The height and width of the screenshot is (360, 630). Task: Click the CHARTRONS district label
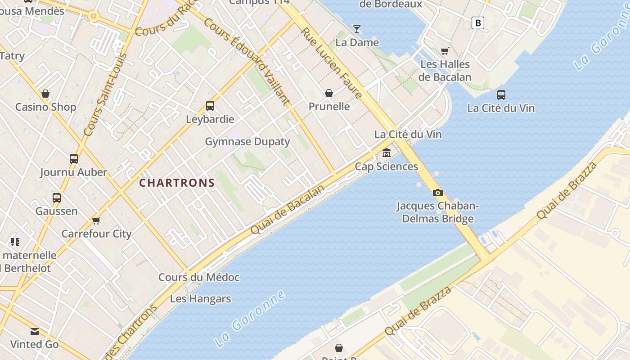click(x=177, y=183)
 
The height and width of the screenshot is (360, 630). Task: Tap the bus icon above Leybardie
click(x=210, y=106)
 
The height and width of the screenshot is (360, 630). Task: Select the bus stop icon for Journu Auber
click(x=74, y=159)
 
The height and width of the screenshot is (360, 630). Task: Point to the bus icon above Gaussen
click(x=57, y=198)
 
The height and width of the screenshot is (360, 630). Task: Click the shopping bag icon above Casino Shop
click(x=45, y=94)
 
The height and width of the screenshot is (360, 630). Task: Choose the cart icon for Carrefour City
click(x=96, y=220)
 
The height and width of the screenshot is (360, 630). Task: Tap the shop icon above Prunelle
click(x=329, y=93)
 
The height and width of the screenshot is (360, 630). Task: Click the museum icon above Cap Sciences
click(x=386, y=153)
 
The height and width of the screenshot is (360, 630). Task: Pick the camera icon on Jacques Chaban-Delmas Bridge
click(x=437, y=193)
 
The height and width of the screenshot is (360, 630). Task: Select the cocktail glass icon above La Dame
click(x=357, y=29)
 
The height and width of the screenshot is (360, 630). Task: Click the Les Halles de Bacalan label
click(x=445, y=71)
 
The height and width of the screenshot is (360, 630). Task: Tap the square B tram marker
click(x=478, y=22)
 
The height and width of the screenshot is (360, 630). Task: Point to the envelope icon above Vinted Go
click(x=35, y=332)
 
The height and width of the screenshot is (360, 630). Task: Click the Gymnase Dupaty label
click(x=247, y=142)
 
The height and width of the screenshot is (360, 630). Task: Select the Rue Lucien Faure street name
click(x=332, y=63)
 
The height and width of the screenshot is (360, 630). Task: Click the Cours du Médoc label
click(x=199, y=277)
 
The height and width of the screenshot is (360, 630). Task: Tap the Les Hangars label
click(x=200, y=299)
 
